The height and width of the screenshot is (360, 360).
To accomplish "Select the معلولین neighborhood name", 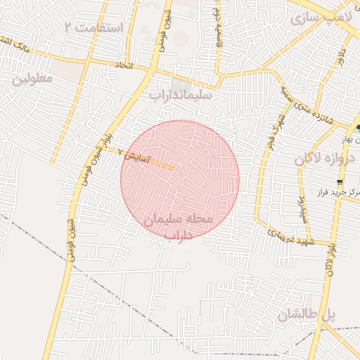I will (32, 78).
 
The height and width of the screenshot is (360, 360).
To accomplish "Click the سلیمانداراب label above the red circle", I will (180, 94).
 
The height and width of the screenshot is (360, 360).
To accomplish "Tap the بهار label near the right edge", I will (349, 139).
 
